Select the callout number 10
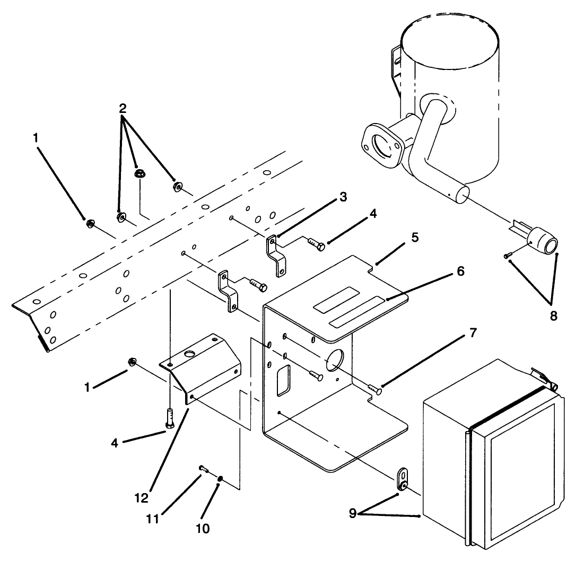[203, 528]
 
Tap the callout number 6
[459, 271]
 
